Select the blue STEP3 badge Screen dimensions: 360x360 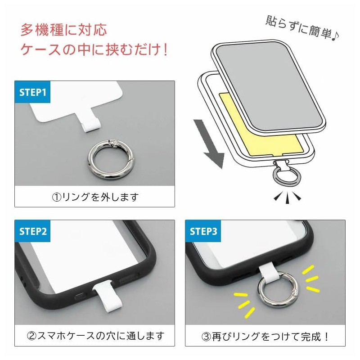click(203, 231)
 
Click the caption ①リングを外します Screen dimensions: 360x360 click(95, 197)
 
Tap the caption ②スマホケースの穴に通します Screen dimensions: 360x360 click(95, 335)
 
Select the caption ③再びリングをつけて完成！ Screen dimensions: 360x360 click(265, 335)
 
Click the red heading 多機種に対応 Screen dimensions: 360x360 click(63, 31)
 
